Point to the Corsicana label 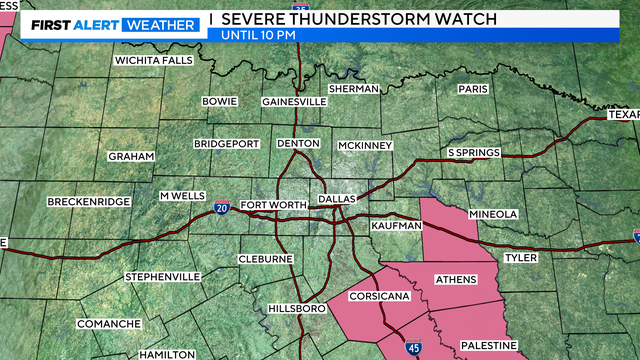tap(376, 298)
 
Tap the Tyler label tap(521, 257)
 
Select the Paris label tap(472, 88)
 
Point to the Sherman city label tap(354, 88)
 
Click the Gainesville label tap(294, 102)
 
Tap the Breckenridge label tap(88, 202)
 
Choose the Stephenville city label tap(163, 276)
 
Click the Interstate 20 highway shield tap(222, 208)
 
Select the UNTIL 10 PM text tap(257, 36)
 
